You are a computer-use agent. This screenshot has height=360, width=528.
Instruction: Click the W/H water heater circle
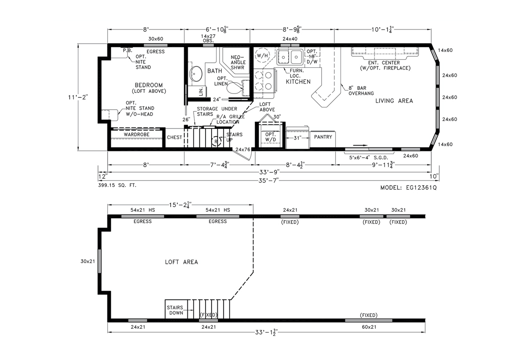click(263, 56)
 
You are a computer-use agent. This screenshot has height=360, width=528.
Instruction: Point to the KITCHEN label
click(298, 82)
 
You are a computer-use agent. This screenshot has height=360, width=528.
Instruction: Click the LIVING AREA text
click(394, 101)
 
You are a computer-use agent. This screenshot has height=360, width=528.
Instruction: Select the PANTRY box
click(323, 137)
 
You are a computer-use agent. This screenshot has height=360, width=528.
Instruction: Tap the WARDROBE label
click(136, 134)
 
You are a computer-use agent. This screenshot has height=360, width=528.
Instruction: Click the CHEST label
click(174, 137)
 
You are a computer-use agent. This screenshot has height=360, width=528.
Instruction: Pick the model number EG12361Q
click(409, 187)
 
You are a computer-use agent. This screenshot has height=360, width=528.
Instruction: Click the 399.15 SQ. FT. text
click(117, 185)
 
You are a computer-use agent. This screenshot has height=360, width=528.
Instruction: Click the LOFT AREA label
click(181, 262)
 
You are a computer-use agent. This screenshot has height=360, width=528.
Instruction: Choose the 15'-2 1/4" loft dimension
click(179, 205)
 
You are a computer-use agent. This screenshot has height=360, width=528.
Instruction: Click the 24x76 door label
click(242, 150)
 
